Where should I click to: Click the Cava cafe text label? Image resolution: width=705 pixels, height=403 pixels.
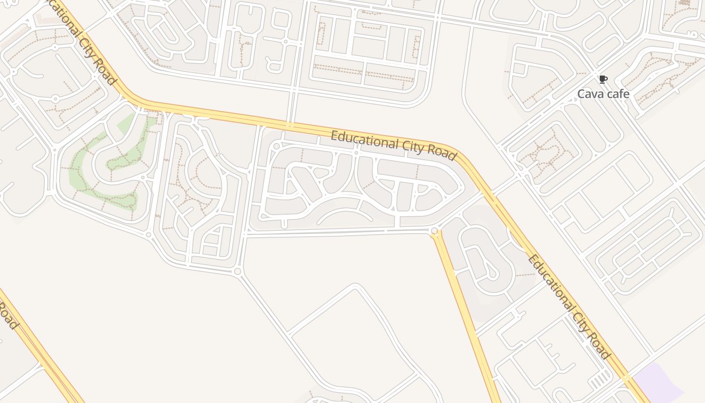(603, 94)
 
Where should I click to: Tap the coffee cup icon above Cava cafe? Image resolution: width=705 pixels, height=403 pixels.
(603, 79)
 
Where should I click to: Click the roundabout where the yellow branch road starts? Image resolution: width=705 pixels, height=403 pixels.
(435, 231)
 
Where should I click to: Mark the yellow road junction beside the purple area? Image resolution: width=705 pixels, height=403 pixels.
(627, 378)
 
